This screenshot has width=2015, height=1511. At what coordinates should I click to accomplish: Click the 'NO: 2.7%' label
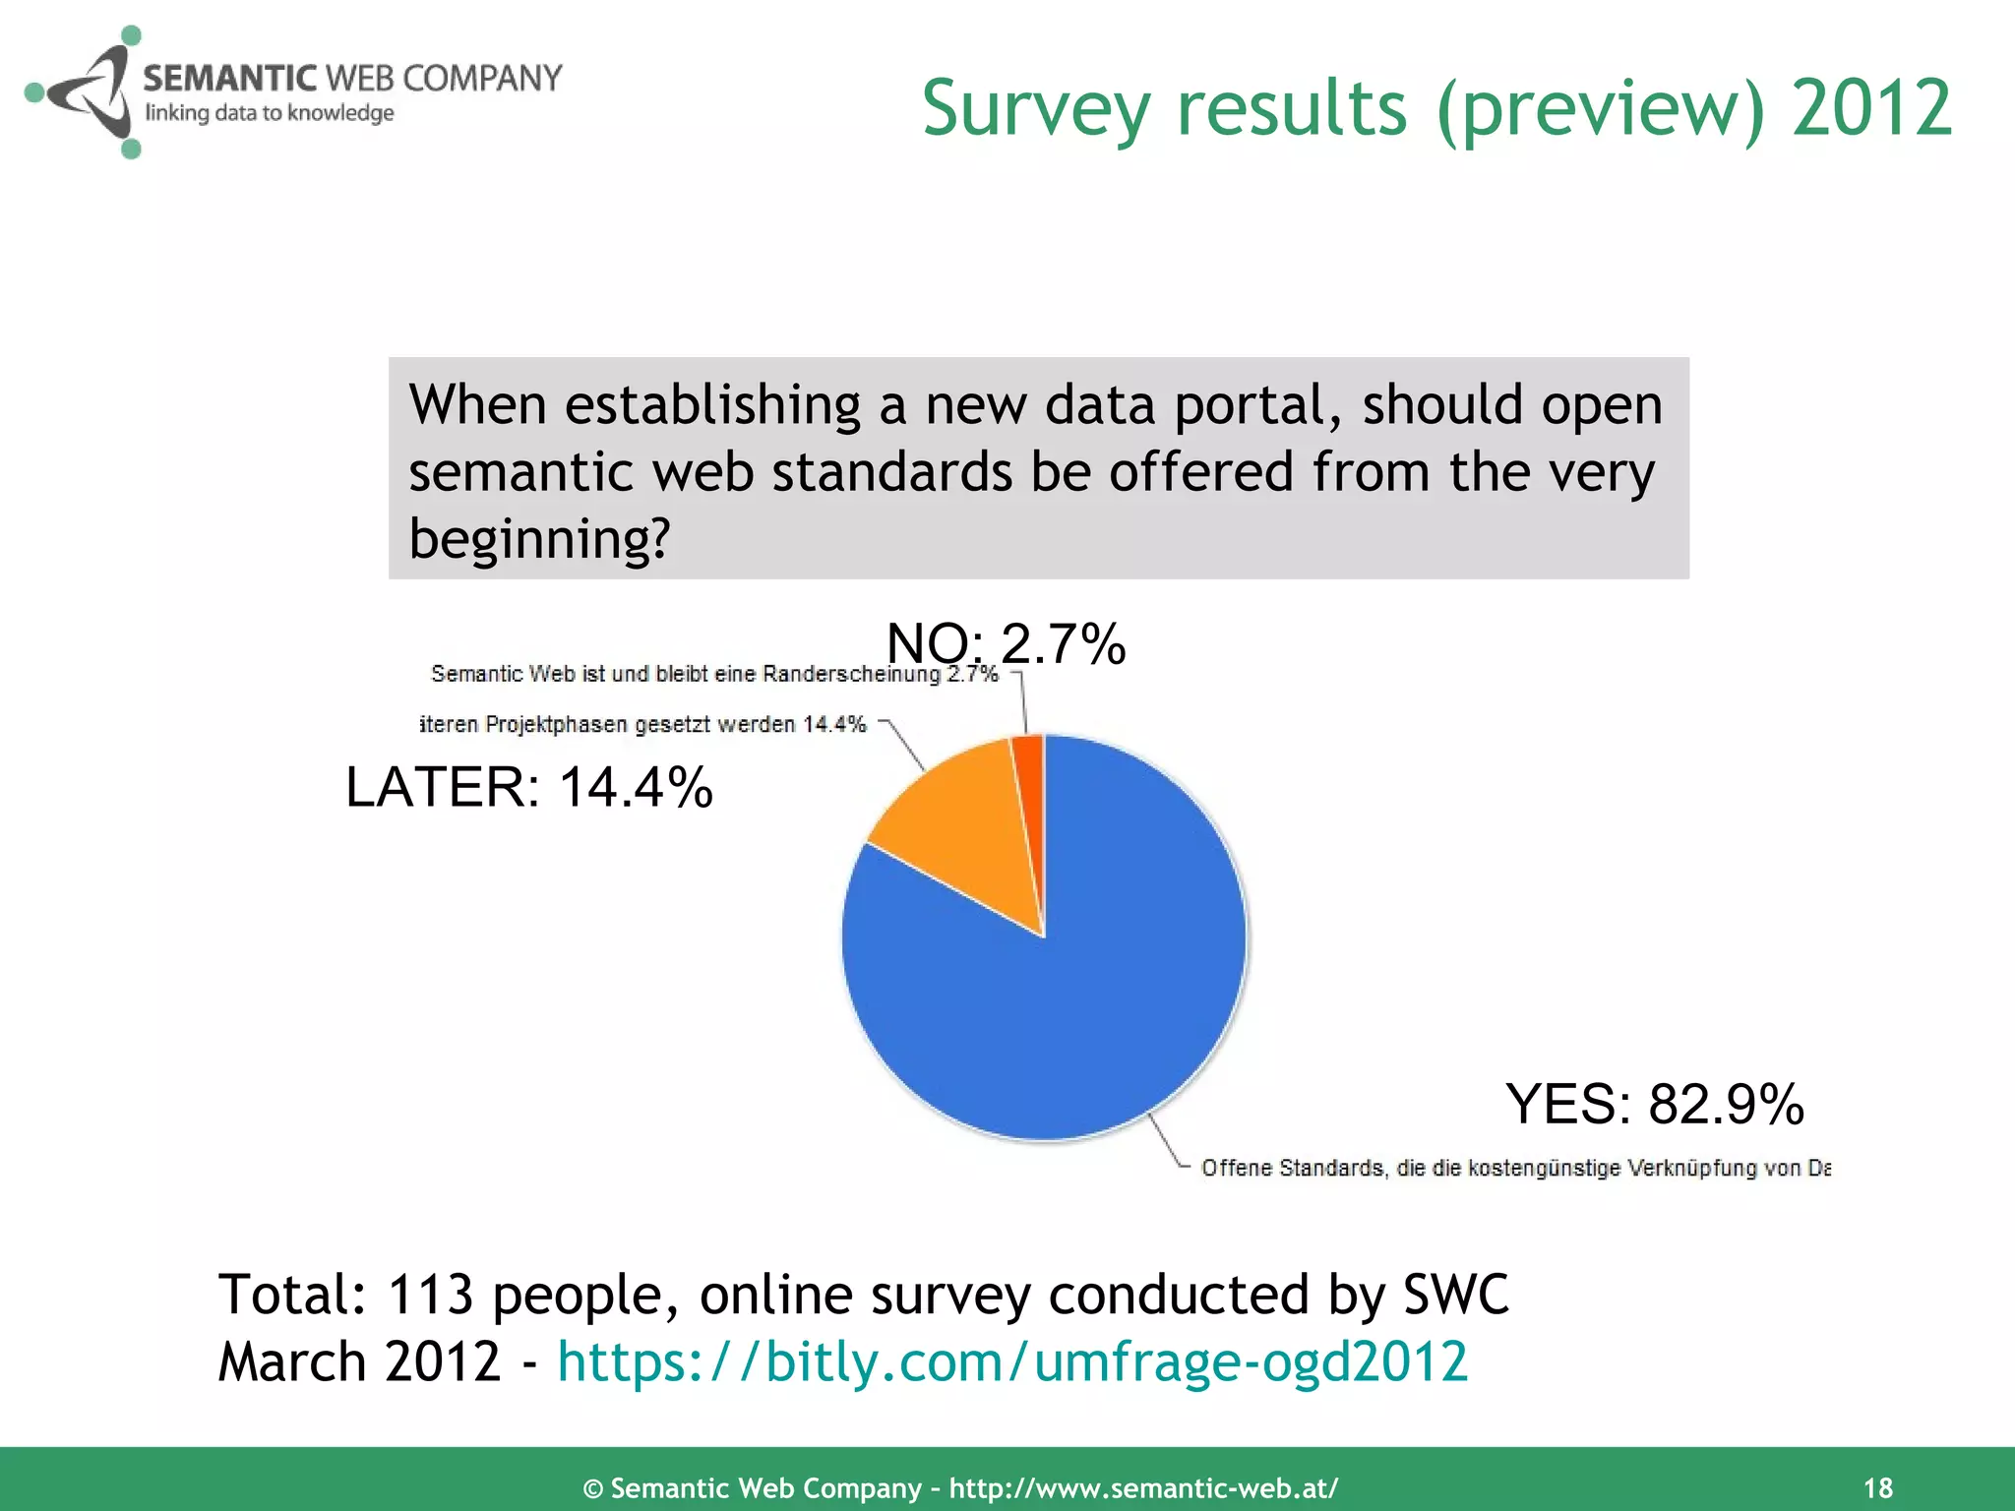click(1006, 644)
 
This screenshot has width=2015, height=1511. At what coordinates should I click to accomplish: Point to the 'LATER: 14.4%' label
click(528, 787)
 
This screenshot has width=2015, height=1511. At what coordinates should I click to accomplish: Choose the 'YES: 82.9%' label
click(1654, 1104)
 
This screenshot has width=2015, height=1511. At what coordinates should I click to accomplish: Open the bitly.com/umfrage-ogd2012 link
click(1011, 1362)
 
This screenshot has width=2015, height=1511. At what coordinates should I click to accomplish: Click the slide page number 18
click(1877, 1487)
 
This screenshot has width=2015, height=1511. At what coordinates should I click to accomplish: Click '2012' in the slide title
click(1870, 108)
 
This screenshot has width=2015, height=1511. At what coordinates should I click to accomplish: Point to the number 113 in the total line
click(430, 1295)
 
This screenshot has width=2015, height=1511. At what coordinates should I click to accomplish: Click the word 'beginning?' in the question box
click(539, 539)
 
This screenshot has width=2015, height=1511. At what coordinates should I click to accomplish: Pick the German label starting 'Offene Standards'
click(1515, 1168)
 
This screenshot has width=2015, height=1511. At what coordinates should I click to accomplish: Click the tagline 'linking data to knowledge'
click(270, 113)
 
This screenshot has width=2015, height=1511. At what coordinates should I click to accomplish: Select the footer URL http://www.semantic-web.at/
click(1143, 1487)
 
